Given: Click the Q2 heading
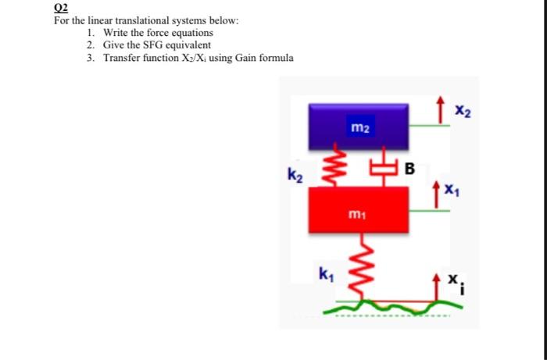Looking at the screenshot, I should (60, 9).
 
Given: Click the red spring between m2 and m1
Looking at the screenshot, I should (339, 166).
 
